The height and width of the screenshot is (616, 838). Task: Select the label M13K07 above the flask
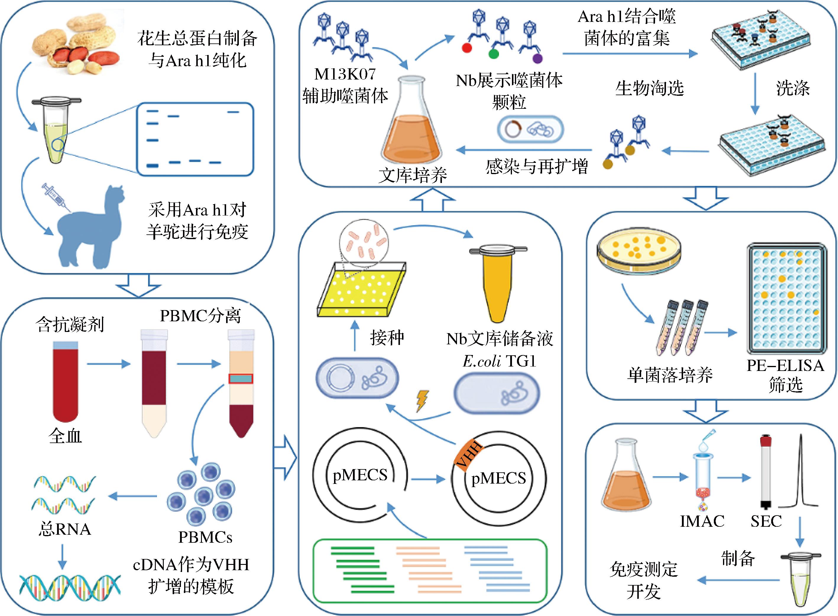345,74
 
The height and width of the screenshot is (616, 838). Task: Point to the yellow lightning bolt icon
422,401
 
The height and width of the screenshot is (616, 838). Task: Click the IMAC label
702,521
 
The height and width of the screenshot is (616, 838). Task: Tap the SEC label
766,521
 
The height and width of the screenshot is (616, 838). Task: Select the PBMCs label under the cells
205,537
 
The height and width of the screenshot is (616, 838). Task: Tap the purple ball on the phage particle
538,59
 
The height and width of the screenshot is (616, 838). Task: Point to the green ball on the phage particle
494,54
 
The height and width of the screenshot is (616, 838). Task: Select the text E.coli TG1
500,361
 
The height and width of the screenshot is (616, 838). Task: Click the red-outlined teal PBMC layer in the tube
241,379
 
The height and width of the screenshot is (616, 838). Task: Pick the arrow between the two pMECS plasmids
428,479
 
